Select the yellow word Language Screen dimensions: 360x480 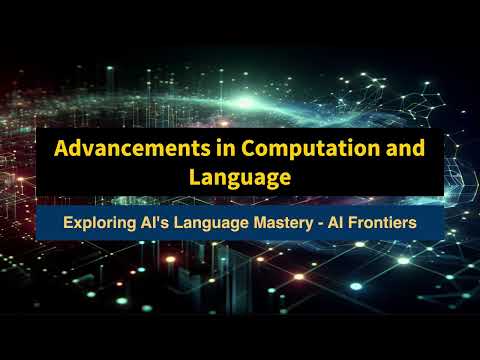(x=239, y=177)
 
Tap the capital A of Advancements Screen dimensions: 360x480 (x=61, y=148)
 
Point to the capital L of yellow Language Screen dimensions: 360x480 (x=194, y=177)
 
